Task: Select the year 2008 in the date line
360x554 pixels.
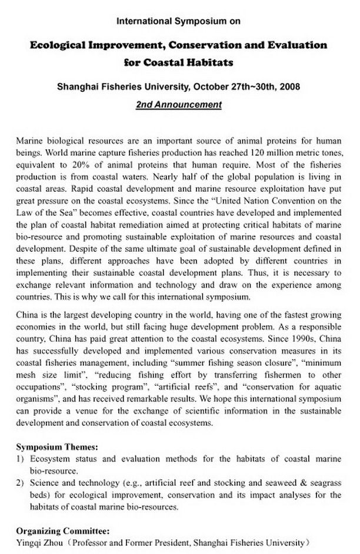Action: point(289,87)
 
